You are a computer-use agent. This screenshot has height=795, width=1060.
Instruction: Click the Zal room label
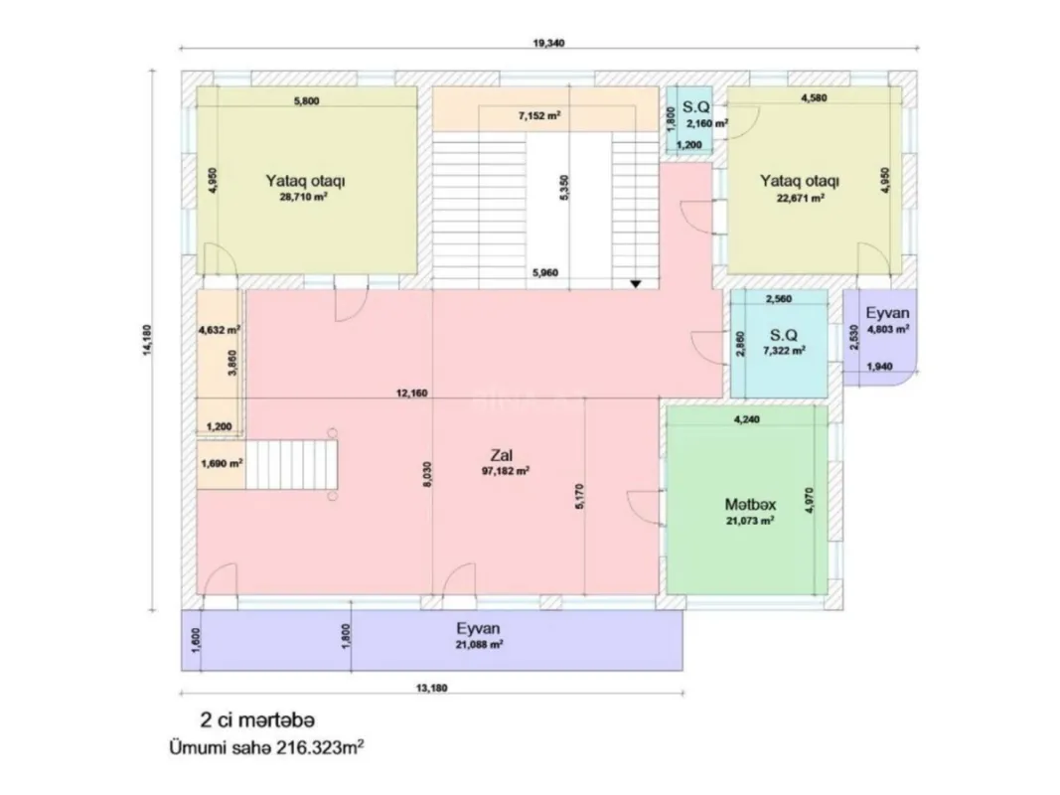(x=501, y=455)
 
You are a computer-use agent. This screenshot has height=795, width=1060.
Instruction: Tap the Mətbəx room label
(x=750, y=504)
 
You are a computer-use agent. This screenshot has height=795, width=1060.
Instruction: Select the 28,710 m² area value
(x=304, y=197)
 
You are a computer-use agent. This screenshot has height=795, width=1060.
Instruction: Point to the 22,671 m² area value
(x=800, y=197)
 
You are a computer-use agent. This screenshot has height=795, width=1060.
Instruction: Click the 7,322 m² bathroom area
(x=783, y=350)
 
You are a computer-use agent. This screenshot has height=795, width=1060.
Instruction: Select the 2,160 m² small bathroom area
(x=708, y=123)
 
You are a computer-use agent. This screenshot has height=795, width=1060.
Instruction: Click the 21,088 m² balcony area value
(x=479, y=644)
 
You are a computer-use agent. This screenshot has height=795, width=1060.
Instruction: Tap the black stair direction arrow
(x=636, y=284)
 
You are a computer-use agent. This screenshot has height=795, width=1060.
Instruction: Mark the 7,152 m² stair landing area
(x=539, y=115)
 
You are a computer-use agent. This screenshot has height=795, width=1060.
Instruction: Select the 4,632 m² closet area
(x=219, y=329)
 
